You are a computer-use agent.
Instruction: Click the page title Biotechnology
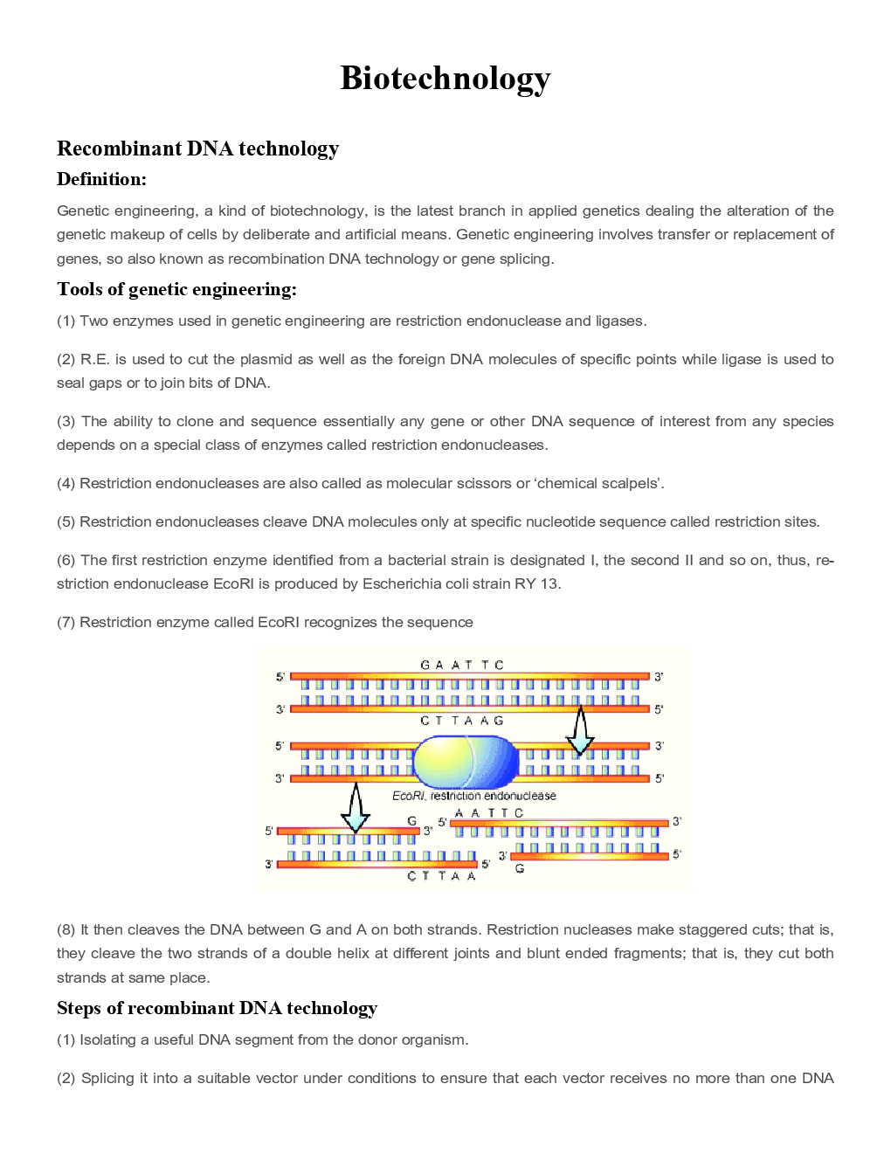click(445, 79)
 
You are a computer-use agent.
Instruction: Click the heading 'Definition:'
click(101, 179)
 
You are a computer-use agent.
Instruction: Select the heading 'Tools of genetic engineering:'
click(176, 289)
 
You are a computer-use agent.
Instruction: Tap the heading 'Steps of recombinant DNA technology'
click(217, 1008)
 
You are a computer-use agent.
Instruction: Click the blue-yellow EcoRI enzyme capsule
click(466, 762)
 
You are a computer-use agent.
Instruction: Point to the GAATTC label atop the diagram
click(462, 665)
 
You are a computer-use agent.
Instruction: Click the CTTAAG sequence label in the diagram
click(462, 721)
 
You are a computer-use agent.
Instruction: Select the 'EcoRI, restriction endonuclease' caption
click(473, 796)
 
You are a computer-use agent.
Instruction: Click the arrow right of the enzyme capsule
click(579, 732)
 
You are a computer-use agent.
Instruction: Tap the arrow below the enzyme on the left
click(356, 808)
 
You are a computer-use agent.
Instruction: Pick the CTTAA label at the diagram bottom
click(441, 876)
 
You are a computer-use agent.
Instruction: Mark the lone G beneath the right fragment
click(520, 868)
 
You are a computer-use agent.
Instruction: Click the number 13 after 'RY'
click(549, 584)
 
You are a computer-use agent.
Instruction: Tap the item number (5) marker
click(66, 522)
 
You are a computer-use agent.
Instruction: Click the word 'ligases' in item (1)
click(619, 321)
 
